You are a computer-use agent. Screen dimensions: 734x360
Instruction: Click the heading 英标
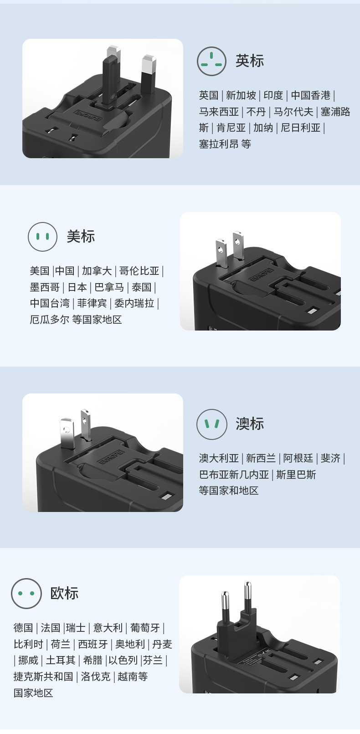[x=250, y=61]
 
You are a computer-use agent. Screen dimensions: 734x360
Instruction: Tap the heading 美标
[x=81, y=236]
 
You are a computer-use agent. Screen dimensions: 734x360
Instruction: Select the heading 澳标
[x=250, y=424]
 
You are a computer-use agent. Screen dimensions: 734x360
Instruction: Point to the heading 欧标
[x=64, y=593]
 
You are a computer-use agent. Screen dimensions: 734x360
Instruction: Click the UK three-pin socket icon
[x=211, y=61]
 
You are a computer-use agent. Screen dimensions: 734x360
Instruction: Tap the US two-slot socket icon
[x=42, y=237]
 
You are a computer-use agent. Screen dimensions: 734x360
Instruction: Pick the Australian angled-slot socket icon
[x=211, y=424]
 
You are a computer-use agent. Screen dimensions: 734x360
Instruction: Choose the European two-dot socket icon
[x=26, y=593]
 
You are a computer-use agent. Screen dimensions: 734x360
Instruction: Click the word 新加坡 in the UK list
[x=241, y=95]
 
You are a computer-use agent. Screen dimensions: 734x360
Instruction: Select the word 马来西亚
[x=219, y=112]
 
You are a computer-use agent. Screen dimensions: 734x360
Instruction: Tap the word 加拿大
[x=97, y=271]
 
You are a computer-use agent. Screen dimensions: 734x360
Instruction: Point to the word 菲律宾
[x=92, y=303]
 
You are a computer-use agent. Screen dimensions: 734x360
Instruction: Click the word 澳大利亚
[x=219, y=458]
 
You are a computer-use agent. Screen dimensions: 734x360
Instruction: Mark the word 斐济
[x=330, y=458]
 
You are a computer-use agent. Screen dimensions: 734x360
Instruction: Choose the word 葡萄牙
[x=145, y=628]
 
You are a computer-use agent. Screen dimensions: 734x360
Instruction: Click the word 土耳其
[x=61, y=660]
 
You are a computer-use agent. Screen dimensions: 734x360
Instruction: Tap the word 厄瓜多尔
[x=50, y=320]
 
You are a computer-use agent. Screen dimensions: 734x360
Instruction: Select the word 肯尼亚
[x=231, y=128]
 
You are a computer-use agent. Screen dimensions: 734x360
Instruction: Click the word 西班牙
[x=93, y=644]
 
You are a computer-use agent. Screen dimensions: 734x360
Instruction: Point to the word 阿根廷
[x=298, y=458]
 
